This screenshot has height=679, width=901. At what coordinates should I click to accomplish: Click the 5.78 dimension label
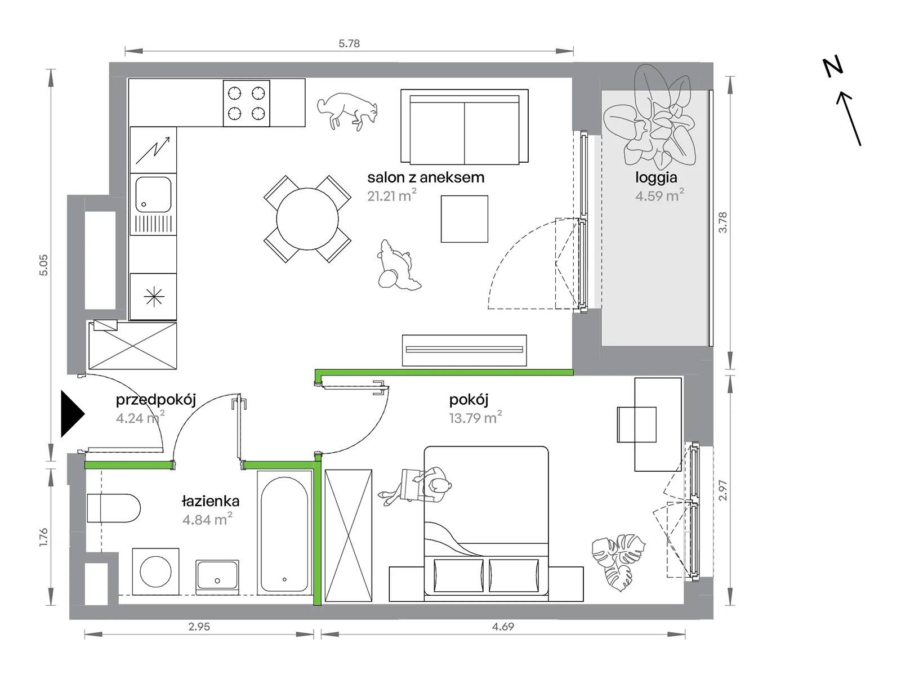tap(349, 43)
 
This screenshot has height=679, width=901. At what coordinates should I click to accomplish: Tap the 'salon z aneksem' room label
tap(426, 177)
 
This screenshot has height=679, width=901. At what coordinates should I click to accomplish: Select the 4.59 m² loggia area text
tap(659, 195)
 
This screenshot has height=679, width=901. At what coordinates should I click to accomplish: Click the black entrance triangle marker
tap(73, 414)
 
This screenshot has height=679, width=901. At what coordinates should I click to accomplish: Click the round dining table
tap(307, 218)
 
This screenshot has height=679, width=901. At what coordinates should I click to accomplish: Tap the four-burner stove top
tap(246, 103)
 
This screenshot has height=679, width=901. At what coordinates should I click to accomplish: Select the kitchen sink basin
tap(154, 194)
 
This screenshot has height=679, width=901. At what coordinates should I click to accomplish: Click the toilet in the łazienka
tap(114, 508)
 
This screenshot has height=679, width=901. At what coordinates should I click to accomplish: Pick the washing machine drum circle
tap(155, 571)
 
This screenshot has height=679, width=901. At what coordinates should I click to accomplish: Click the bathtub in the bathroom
tap(284, 532)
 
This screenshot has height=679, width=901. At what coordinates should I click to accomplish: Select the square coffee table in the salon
tap(464, 218)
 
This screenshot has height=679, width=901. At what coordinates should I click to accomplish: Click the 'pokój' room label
tap(469, 400)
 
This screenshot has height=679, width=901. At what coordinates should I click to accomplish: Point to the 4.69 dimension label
tap(503, 627)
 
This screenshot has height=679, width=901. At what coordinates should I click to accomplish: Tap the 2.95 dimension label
tap(199, 627)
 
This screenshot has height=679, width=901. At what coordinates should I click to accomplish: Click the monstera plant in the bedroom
tap(618, 562)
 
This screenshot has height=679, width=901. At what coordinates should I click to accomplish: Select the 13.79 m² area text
tap(475, 418)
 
